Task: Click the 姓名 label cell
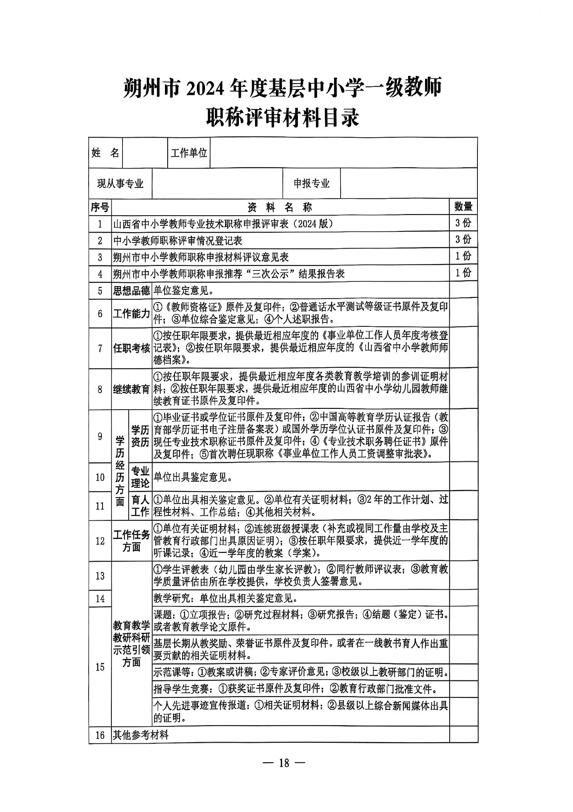point(105,153)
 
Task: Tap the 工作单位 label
point(189,153)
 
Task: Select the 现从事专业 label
point(120,184)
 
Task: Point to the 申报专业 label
point(312,184)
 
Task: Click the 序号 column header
point(100,208)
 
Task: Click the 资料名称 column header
point(280,208)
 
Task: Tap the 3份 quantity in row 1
point(463,223)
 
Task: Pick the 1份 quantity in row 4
point(463,273)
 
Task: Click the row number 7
point(100,348)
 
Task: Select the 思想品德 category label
point(131,290)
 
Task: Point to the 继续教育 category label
point(131,389)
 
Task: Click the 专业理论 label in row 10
point(140,477)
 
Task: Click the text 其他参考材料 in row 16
point(141,735)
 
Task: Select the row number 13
point(100,576)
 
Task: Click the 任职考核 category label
point(131,348)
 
